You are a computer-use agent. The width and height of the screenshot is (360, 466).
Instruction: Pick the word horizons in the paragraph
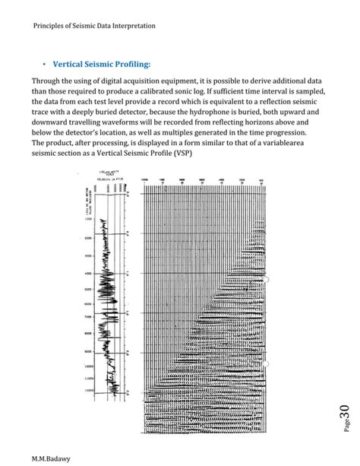tap(278, 121)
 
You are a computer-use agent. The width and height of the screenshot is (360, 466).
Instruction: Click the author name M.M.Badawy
tap(50, 458)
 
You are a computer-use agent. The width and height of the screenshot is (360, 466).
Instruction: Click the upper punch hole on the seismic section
tap(266, 281)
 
